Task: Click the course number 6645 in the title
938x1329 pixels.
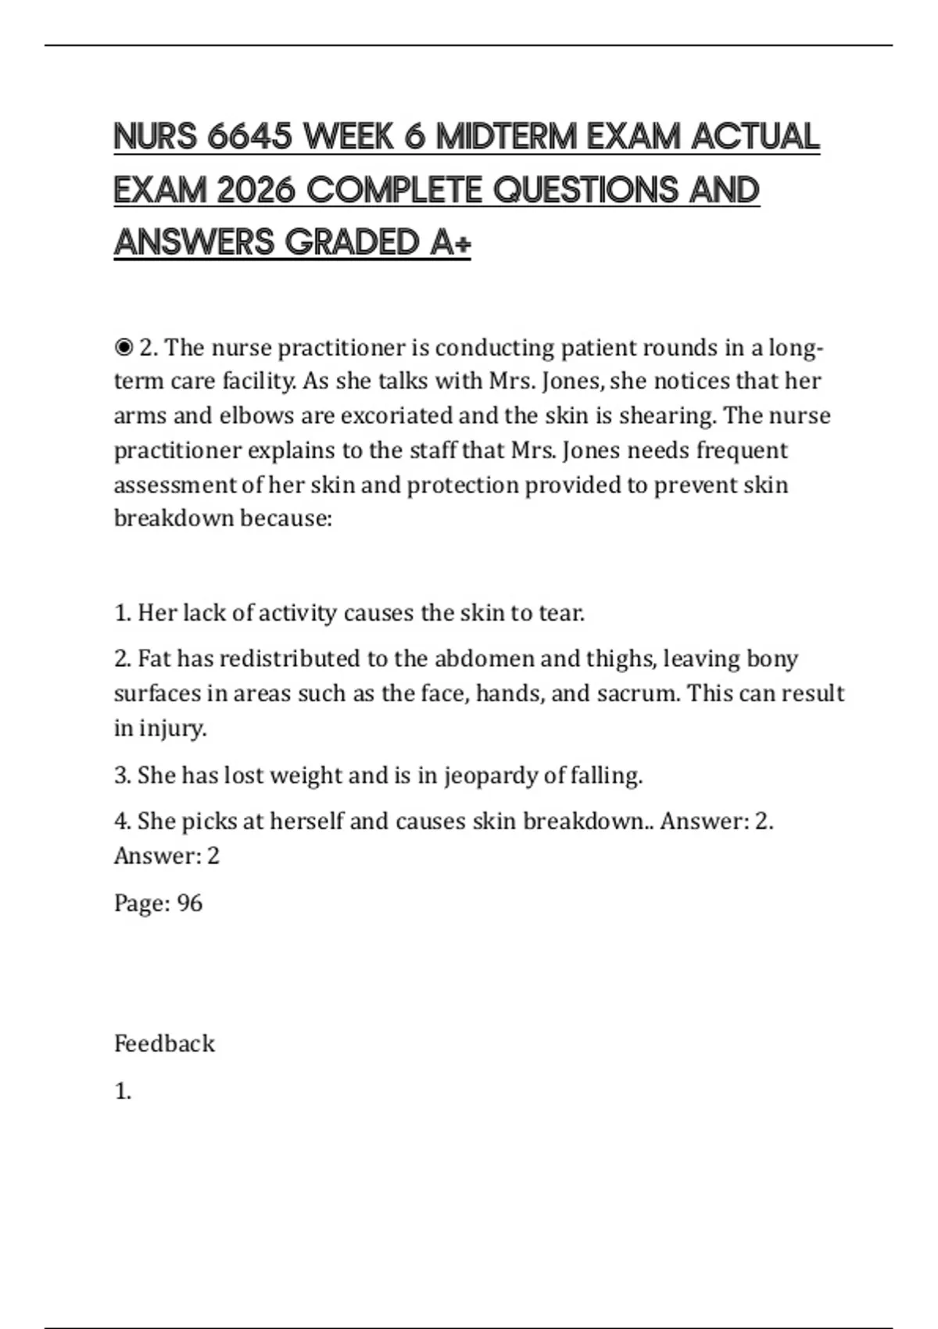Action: [x=249, y=137]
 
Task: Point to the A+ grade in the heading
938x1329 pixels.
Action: [x=450, y=242]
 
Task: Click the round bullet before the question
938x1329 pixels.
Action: [x=124, y=346]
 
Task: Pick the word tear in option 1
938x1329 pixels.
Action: [x=561, y=613]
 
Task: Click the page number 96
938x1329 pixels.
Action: [x=190, y=903]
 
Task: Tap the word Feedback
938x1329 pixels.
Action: [x=164, y=1044]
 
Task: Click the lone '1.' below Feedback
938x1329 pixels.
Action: [x=123, y=1091]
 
